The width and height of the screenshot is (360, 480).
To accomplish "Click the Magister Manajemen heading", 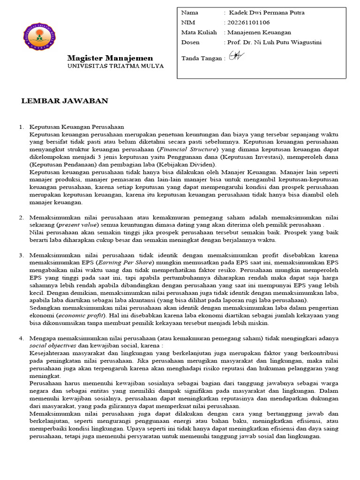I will (x=110, y=58).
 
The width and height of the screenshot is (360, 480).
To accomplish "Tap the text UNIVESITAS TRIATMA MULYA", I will (x=115, y=66).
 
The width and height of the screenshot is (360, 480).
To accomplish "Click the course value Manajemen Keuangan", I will (x=259, y=32).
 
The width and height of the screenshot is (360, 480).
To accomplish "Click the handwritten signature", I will (x=235, y=56).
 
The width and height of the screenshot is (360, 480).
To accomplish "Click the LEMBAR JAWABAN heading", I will (x=65, y=101).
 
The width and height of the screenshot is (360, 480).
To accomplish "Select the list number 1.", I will (x=21, y=127).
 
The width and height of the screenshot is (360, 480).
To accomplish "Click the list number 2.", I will (x=21, y=218).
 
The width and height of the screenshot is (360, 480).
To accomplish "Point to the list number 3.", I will (x=21, y=255).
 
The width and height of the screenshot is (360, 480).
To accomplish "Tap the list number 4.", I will (x=21, y=338).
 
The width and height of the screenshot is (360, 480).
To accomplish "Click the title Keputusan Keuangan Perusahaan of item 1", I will (x=76, y=127).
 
